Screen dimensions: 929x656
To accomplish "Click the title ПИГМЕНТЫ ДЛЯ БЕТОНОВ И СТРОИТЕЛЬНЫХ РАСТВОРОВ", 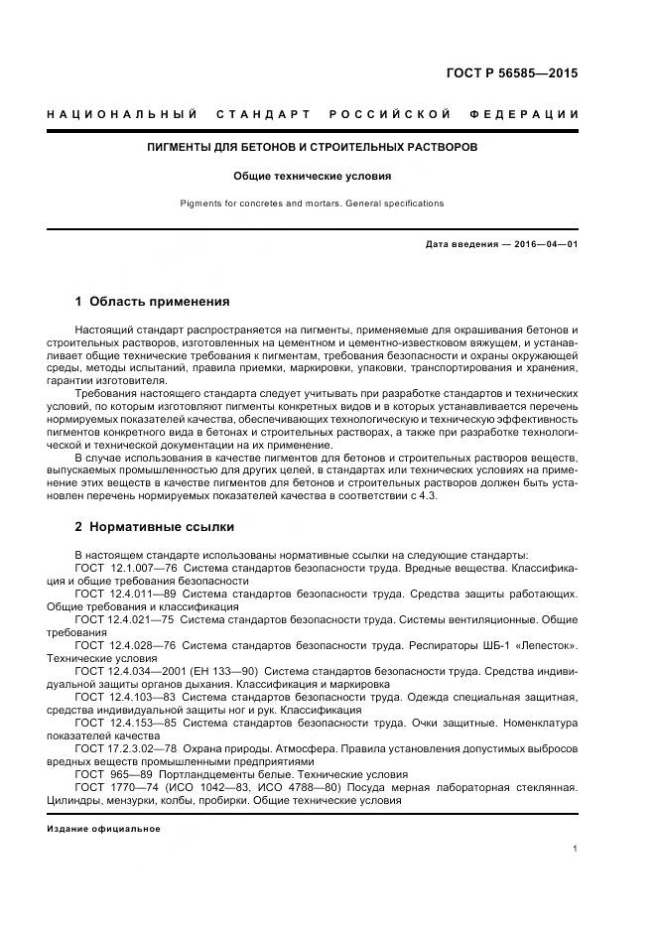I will click(x=313, y=147).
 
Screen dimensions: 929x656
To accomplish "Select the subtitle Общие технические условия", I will click(x=313, y=176).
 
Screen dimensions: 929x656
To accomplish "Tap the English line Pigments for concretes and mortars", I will click(x=313, y=203).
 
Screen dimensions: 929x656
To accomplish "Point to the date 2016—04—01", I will click(x=546, y=244).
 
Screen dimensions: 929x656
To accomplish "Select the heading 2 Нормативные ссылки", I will click(x=155, y=526).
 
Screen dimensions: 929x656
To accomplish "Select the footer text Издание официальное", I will click(x=103, y=828).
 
